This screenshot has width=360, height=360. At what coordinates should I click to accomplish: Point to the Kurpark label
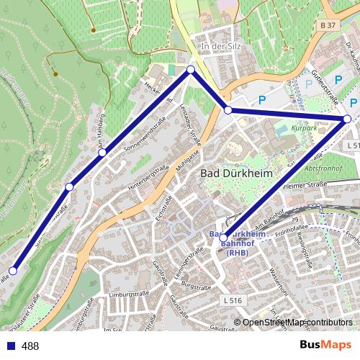[305, 127]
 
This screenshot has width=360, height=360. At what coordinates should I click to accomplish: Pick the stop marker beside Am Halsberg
[102, 153]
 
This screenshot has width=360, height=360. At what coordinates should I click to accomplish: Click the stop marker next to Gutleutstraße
[347, 119]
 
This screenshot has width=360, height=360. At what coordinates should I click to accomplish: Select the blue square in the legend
[11, 346]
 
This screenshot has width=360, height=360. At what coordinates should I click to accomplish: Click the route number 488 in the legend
[30, 346]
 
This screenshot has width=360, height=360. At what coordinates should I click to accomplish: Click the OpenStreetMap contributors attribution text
[297, 322]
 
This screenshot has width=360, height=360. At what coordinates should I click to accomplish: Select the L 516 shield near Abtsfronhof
[352, 145]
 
